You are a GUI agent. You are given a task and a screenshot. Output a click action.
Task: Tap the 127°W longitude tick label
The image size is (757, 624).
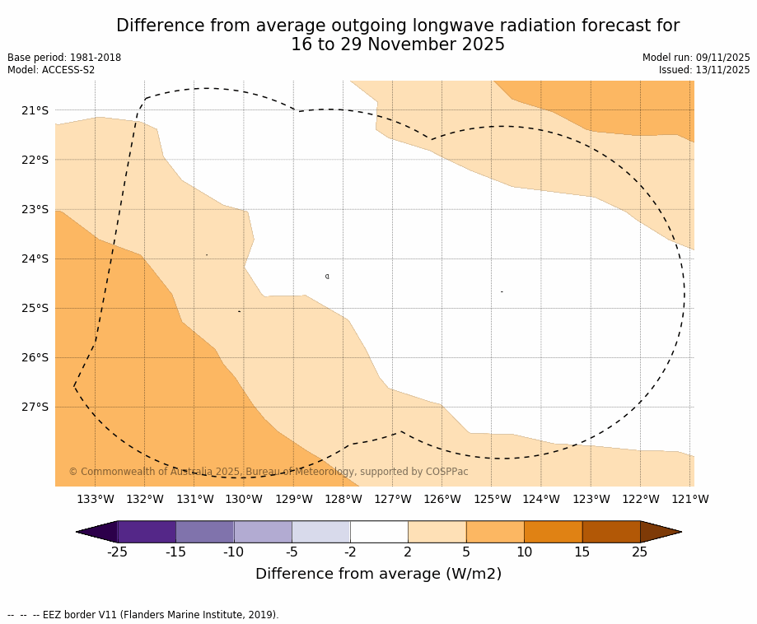pyautogui.click(x=392, y=499)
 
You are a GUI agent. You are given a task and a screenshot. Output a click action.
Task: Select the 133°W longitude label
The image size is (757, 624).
pyautogui.click(x=95, y=499)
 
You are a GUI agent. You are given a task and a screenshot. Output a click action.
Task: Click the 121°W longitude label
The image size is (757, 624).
pyautogui.click(x=689, y=499)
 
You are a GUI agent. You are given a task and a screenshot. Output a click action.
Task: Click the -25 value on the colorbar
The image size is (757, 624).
pyautogui.click(x=117, y=552)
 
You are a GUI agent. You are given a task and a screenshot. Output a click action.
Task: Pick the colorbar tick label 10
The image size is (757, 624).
pyautogui.click(x=524, y=552)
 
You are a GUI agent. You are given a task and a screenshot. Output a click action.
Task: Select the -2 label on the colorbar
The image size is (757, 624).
pyautogui.click(x=350, y=552)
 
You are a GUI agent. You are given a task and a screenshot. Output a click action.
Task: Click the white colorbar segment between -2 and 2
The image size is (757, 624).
pyautogui.click(x=379, y=532)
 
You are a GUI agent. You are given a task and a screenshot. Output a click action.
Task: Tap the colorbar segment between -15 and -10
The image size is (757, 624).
pyautogui.click(x=204, y=532)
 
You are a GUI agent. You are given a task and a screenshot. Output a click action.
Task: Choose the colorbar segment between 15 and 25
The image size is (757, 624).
pyautogui.click(x=611, y=532)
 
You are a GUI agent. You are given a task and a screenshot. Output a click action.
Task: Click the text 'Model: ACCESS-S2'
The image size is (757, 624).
pyautogui.click(x=51, y=70)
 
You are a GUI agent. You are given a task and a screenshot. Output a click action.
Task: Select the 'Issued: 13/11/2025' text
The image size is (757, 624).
pyautogui.click(x=704, y=70)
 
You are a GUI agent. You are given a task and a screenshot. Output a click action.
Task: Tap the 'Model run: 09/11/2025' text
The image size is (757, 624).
pyautogui.click(x=696, y=58)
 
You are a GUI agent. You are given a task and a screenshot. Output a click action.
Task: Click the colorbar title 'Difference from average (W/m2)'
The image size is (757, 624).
pyautogui.click(x=378, y=574)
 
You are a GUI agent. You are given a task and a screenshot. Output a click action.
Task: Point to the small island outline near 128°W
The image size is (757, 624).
pyautogui.click(x=327, y=277)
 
